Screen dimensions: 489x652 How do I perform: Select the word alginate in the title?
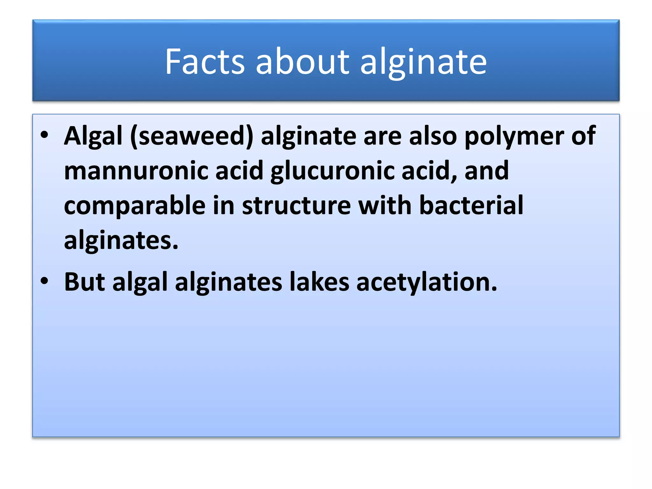423,62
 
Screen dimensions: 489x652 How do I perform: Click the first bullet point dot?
45,135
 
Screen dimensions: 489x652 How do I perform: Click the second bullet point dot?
45,281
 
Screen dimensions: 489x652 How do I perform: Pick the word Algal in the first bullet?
93,136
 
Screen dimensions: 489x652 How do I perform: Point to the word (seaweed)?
192,136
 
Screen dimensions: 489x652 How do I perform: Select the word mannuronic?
136,171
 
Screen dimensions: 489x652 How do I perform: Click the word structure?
296,206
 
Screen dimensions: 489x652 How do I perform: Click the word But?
84,282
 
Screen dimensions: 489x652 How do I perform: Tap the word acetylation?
427,282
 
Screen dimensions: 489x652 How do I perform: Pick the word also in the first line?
433,136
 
